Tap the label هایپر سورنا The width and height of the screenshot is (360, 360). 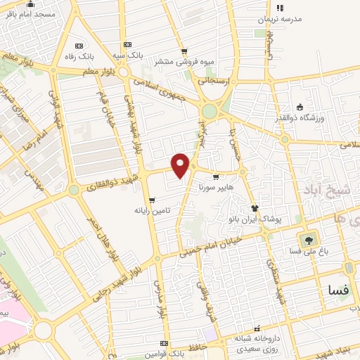(x=211, y=188)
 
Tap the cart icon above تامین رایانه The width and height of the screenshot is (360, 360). (x=152, y=200)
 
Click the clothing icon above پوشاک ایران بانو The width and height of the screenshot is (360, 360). (x=255, y=209)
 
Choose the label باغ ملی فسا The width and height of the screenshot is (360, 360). (x=306, y=250)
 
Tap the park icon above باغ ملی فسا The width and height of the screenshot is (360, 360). (x=306, y=239)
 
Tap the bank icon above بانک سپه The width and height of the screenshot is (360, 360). (x=127, y=44)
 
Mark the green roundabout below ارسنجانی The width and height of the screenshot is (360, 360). (x=209, y=112)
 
